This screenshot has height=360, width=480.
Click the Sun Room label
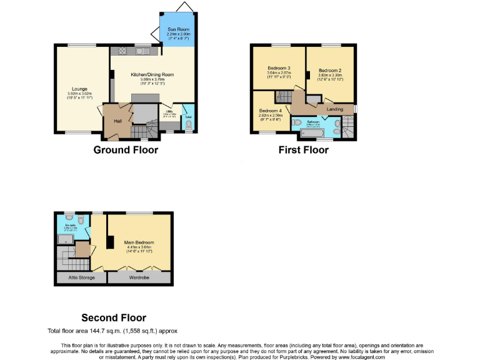[179, 30]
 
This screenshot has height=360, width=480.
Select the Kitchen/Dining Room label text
[152, 74]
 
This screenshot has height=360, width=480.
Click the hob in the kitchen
[118, 52]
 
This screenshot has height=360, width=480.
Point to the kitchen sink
[143, 52]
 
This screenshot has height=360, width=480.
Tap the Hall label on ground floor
[117, 121]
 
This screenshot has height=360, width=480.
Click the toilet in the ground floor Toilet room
[188, 125]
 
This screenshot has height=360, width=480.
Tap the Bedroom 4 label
[271, 111]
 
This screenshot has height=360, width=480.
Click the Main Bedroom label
[139, 242]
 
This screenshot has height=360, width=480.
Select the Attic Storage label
[77, 277]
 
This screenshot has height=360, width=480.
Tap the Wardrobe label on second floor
[139, 277]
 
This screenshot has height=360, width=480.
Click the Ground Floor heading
[126, 149]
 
